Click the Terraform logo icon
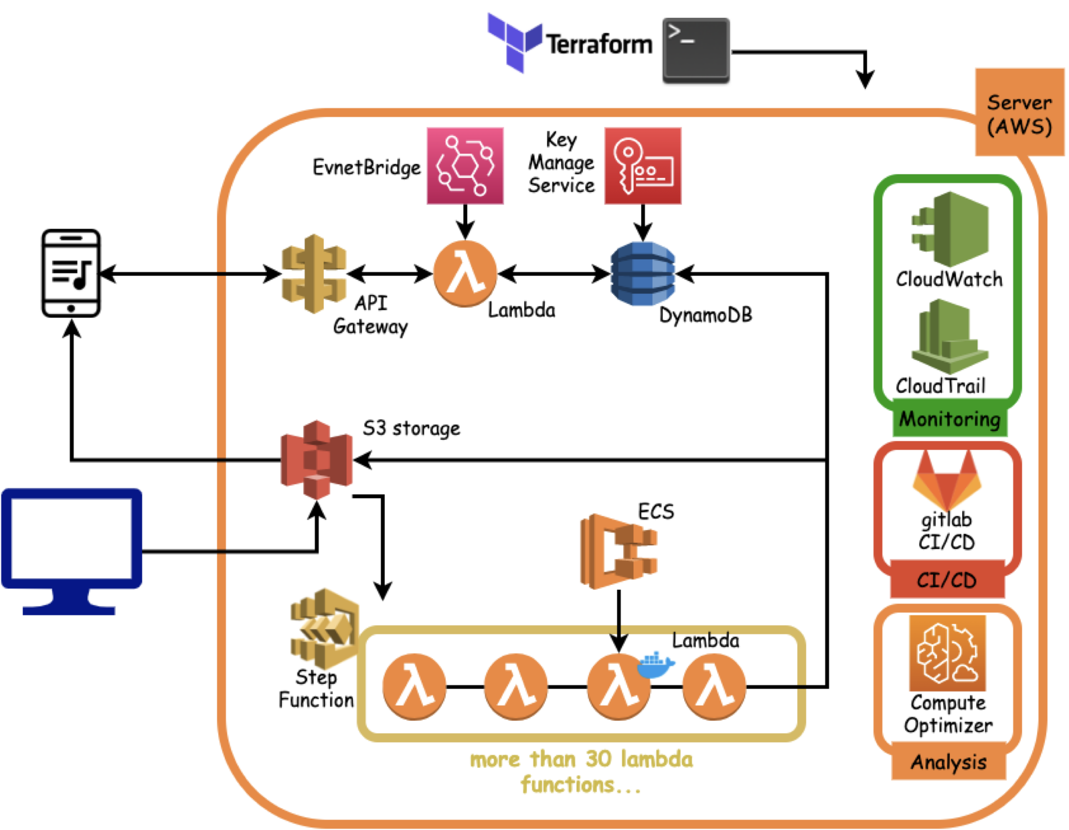point(514,43)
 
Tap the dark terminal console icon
point(695,50)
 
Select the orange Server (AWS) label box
point(1019,113)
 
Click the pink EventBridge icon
point(464,165)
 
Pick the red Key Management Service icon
point(642,165)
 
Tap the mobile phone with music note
point(71,273)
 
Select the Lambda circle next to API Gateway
point(464,273)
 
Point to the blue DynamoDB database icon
point(642,273)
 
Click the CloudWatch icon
point(949,229)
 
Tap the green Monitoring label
point(949,419)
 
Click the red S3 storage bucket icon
point(316,459)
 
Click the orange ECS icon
point(618,551)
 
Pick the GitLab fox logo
point(947,480)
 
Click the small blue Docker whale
point(655,665)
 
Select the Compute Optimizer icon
point(947,653)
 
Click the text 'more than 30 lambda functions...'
point(581,771)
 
